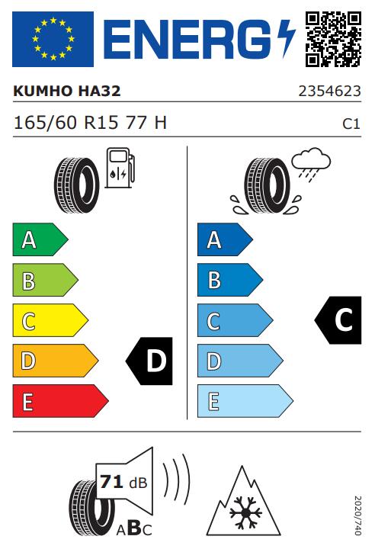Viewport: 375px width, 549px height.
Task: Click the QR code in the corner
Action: click(333, 39)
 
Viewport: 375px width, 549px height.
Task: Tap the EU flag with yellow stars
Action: click(53, 39)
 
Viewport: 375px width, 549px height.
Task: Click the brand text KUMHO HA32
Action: click(67, 91)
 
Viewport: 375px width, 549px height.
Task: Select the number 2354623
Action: click(329, 91)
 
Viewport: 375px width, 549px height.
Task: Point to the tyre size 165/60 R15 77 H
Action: click(90, 123)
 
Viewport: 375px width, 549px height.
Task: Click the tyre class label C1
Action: click(351, 124)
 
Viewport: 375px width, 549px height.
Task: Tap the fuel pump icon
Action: click(120, 168)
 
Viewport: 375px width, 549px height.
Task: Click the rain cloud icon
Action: click(311, 164)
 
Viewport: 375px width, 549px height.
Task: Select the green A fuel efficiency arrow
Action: click(40, 239)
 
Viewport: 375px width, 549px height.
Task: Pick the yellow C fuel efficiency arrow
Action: click(50, 320)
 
